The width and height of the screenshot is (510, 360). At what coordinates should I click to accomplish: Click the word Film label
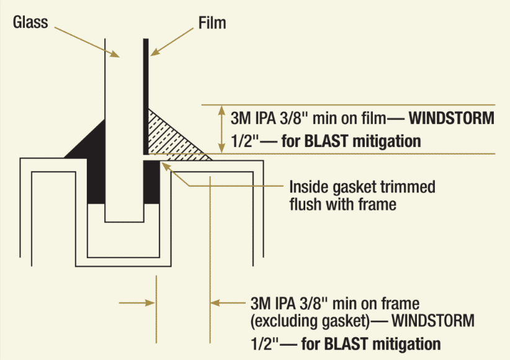[212, 24]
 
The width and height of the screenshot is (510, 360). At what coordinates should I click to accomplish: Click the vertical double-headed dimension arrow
[222, 128]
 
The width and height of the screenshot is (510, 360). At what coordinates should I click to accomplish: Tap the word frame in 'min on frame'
[403, 304]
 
